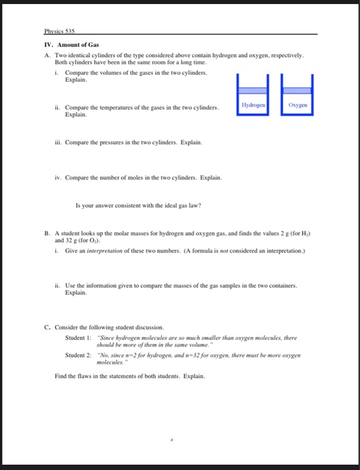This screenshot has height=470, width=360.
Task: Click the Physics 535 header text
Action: [x=59, y=32]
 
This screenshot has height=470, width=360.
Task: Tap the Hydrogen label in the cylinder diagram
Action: [x=253, y=105]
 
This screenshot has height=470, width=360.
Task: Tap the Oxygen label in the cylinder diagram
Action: [x=298, y=105]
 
